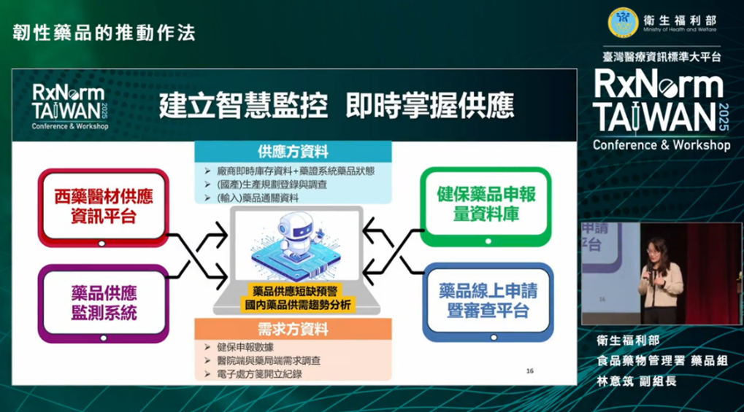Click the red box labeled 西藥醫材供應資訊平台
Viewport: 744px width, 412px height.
104,208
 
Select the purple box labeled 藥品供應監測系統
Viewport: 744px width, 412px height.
104,303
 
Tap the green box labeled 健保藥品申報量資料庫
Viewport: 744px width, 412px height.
486,206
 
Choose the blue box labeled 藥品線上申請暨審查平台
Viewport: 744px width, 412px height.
488,302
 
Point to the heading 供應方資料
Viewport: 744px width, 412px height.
293,152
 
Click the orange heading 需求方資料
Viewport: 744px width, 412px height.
293,329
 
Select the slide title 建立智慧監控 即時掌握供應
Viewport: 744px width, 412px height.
337,105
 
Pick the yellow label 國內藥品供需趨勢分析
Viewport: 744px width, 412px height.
297,304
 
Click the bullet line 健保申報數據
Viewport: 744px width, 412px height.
245,347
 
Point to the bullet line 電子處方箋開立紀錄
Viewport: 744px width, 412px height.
259,374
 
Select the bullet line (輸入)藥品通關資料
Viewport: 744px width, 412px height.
258,198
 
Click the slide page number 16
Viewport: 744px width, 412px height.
530,370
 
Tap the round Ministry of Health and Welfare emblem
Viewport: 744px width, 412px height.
623,23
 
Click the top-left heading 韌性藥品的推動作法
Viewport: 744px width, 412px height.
104,33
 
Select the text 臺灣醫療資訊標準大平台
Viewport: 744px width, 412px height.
661,57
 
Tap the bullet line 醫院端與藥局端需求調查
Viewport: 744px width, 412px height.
269,361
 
